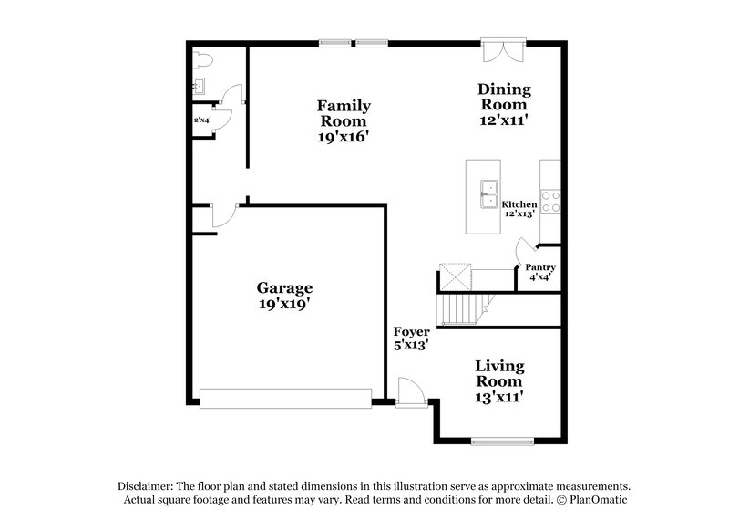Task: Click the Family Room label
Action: (343, 121)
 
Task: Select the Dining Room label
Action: (503, 105)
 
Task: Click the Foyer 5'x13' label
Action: (411, 338)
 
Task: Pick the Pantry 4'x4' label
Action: (539, 272)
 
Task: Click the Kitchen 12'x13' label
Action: (520, 209)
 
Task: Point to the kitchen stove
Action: (550, 201)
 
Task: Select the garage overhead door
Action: (285, 397)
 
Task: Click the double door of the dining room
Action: (503, 49)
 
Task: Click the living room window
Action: (502, 442)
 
